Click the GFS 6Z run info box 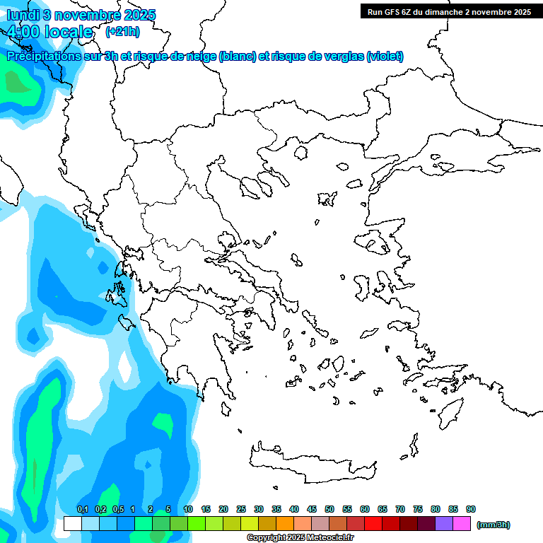click(x=449, y=11)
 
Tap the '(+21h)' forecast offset click(x=122, y=32)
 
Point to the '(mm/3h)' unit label click(x=494, y=525)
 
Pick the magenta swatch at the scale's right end click(x=462, y=524)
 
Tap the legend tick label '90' click(x=471, y=510)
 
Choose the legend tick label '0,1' click(x=83, y=510)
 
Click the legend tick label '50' click(x=329, y=510)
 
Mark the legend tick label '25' click(x=241, y=510)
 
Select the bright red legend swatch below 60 click(x=373, y=524)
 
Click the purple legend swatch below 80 click(x=444, y=524)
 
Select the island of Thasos click(x=300, y=152)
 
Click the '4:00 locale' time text click(x=49, y=32)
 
